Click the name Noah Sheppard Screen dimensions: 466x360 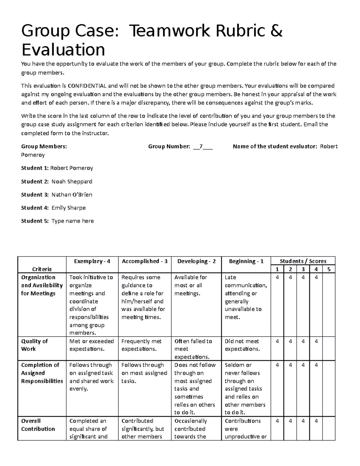72,182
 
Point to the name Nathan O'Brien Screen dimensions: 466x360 72,195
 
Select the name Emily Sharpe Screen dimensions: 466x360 68,208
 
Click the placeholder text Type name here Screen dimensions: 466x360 73,221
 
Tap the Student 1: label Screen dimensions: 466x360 34,168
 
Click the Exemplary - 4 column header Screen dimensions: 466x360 92,261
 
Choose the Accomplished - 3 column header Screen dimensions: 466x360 144,261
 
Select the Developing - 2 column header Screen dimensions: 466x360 196,261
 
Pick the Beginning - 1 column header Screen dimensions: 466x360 246,261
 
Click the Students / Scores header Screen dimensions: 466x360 303,261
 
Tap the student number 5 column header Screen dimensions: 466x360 329,269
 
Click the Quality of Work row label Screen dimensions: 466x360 34,345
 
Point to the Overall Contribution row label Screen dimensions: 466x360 38,425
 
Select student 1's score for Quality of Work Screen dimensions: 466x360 277,341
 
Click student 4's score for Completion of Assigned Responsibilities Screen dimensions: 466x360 316,365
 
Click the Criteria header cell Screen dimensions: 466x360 42,269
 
